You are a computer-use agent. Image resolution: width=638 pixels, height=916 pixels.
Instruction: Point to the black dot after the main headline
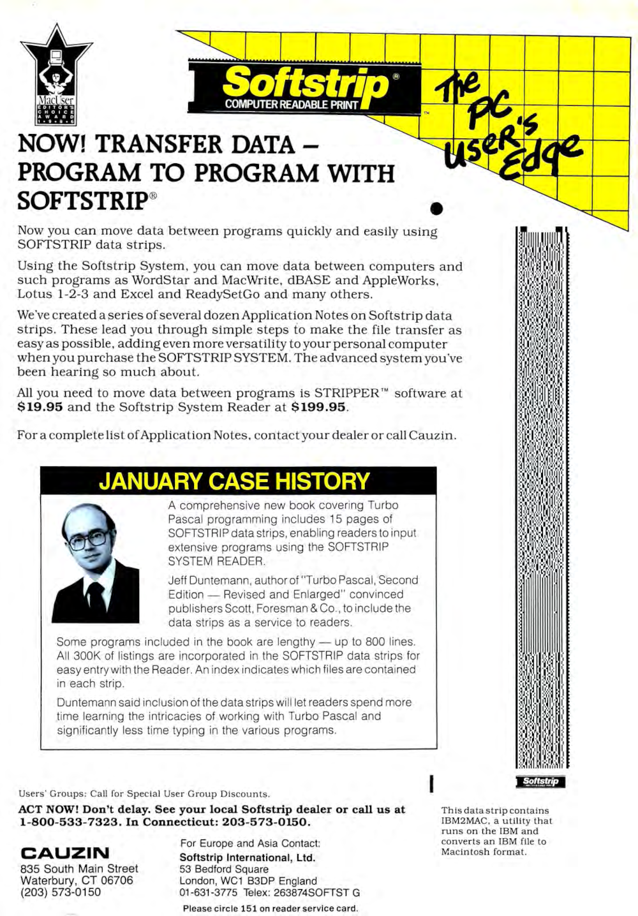[x=436, y=208]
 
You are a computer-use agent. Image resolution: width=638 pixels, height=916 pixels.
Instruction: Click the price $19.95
[x=40, y=407]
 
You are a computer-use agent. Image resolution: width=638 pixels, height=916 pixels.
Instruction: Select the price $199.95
[x=318, y=407]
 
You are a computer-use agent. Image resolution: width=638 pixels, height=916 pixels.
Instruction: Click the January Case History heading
[x=234, y=481]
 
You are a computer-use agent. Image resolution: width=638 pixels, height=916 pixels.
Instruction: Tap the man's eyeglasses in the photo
[x=89, y=540]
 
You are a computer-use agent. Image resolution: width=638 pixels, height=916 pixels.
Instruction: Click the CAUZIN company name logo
[x=65, y=853]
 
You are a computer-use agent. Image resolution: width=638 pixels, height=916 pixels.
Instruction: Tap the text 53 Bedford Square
[x=224, y=869]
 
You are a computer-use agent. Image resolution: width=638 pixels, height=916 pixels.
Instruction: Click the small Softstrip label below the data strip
[x=540, y=781]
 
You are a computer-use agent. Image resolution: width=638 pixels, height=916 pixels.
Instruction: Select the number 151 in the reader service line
[x=248, y=908]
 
